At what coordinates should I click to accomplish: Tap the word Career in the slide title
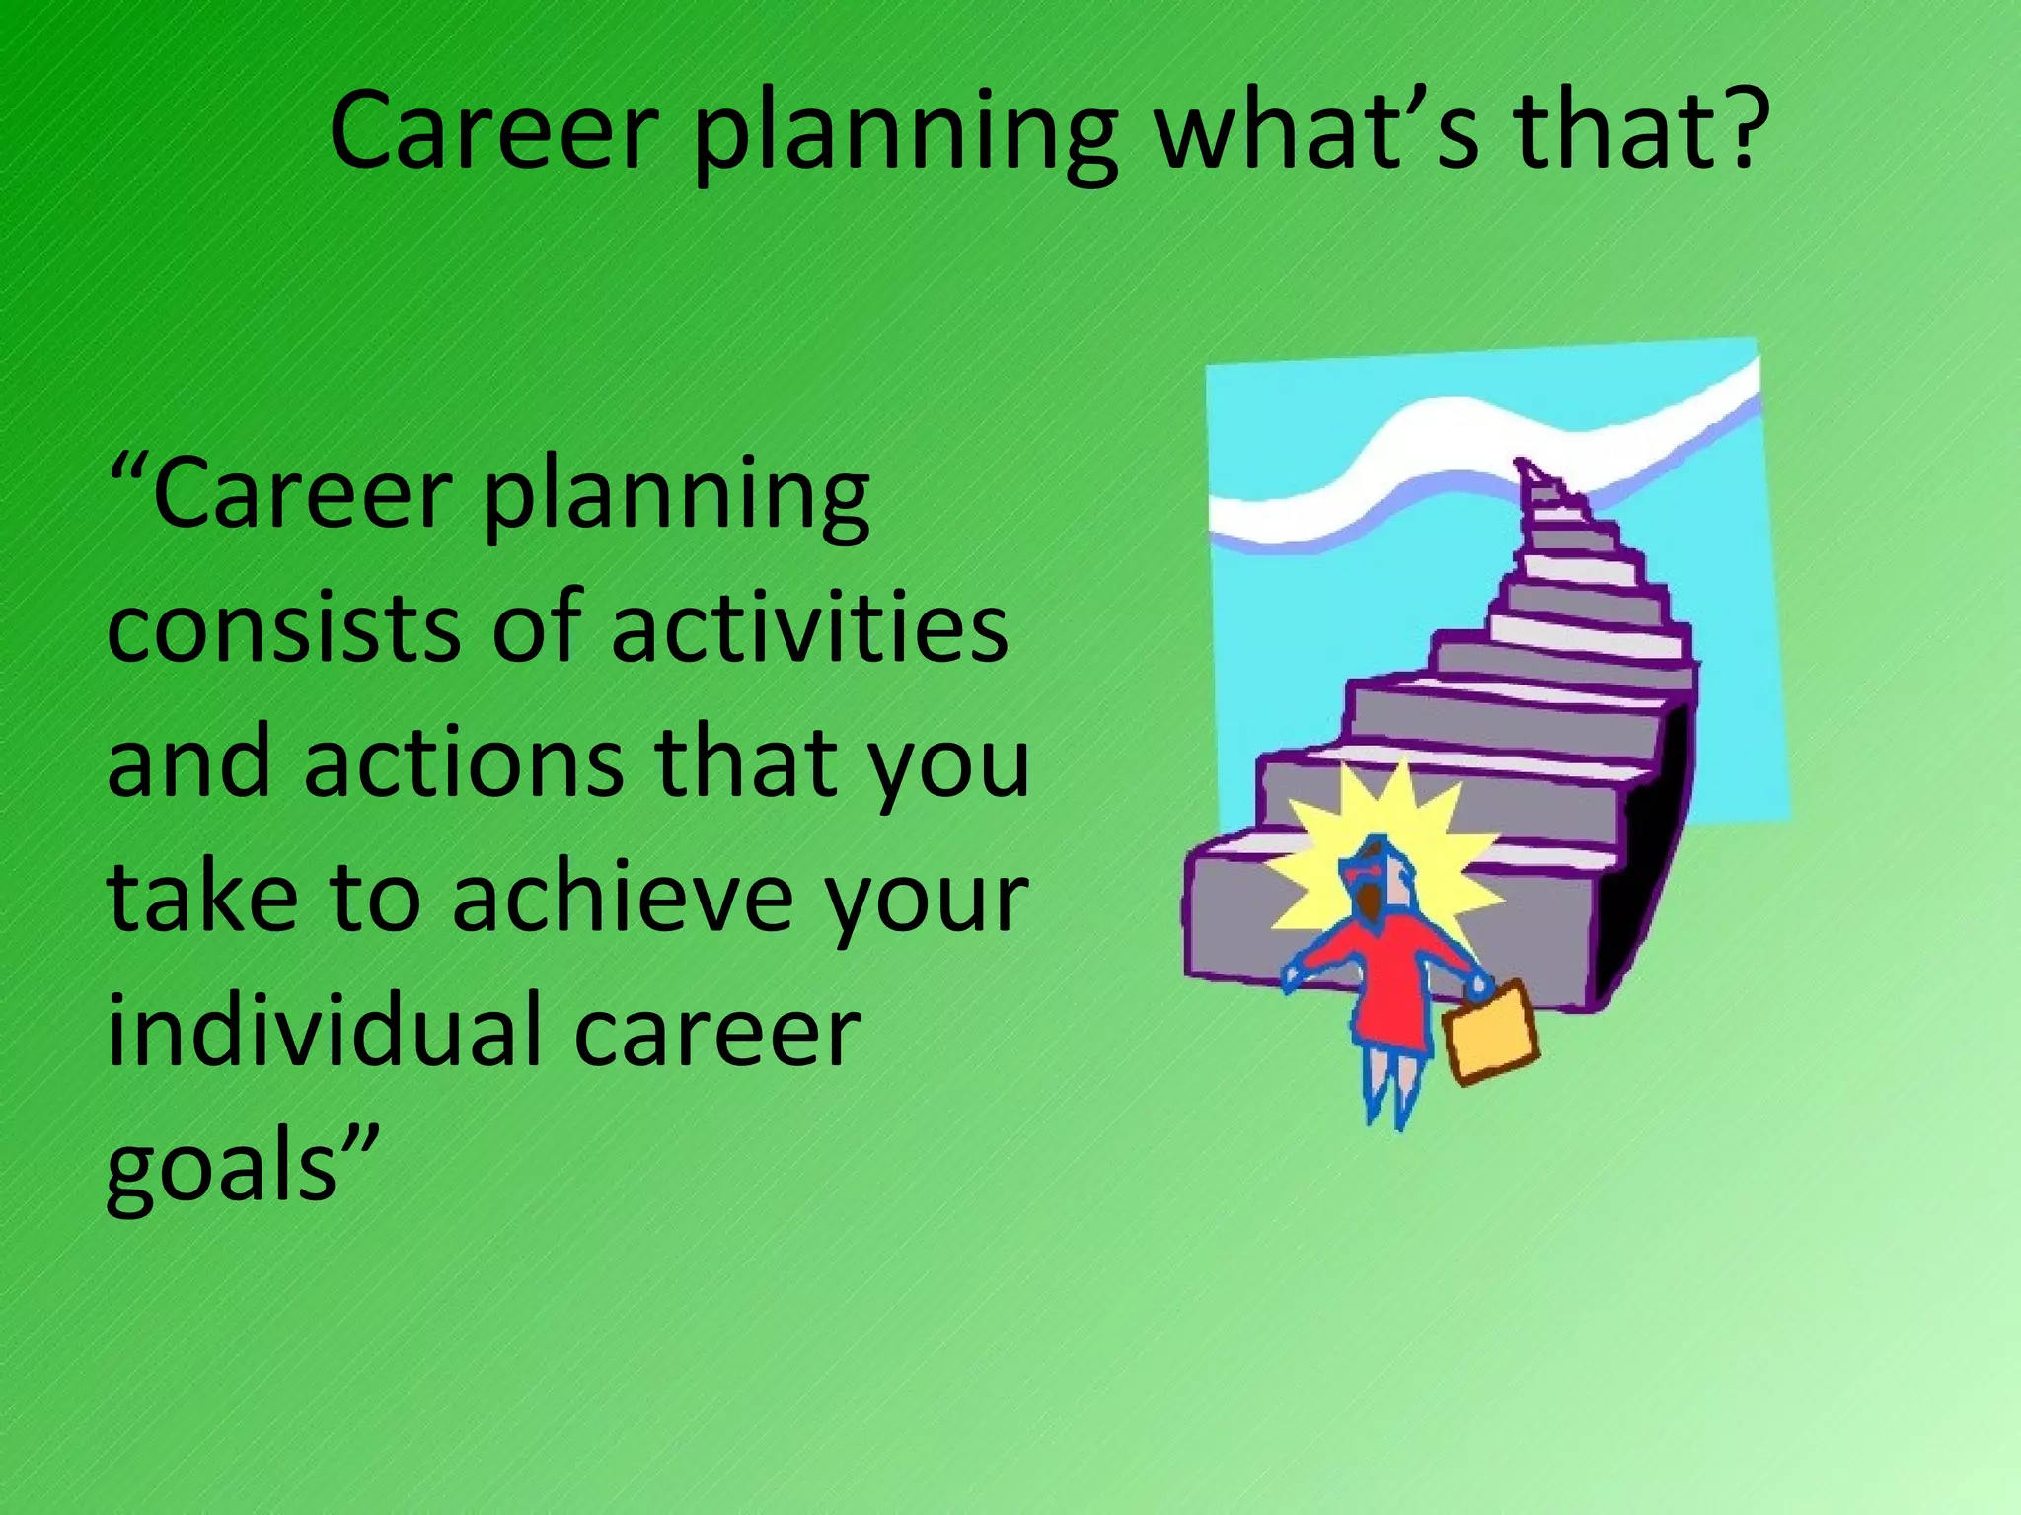click(x=493, y=133)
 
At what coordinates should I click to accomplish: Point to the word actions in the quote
click(x=464, y=764)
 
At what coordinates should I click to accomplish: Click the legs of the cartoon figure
click(x=1391, y=1085)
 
